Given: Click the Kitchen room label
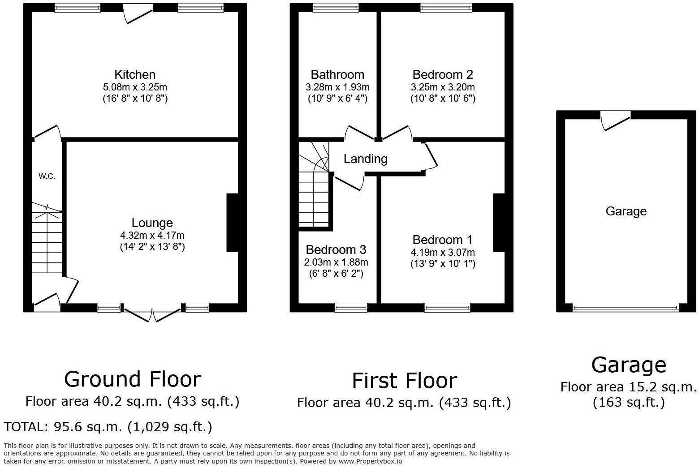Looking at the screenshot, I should pyautogui.click(x=135, y=74).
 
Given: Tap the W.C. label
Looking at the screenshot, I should pyautogui.click(x=47, y=176).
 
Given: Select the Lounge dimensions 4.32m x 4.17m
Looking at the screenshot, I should pyautogui.click(x=152, y=235).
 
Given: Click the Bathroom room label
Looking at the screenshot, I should pyautogui.click(x=337, y=74).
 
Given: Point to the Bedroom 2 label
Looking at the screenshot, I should pyautogui.click(x=443, y=74).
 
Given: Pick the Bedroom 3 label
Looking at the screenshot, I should pyautogui.click(x=336, y=249).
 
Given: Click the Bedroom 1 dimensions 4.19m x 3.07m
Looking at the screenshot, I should pyautogui.click(x=443, y=253).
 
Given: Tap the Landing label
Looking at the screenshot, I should pyautogui.click(x=366, y=159).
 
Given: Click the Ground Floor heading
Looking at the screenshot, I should pyautogui.click(x=133, y=379).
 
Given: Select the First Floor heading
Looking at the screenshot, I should pyautogui.click(x=404, y=381).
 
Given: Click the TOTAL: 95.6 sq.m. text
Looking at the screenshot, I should pyautogui.click(x=108, y=427).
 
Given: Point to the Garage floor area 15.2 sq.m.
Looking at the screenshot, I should pyautogui.click(x=629, y=387).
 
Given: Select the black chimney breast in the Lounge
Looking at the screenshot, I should pyautogui.click(x=232, y=223).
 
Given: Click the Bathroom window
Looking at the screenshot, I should pyautogui.click(x=336, y=7).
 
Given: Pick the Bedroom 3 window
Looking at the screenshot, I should pyautogui.click(x=351, y=307).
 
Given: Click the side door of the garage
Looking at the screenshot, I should pyautogui.click(x=615, y=120).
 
